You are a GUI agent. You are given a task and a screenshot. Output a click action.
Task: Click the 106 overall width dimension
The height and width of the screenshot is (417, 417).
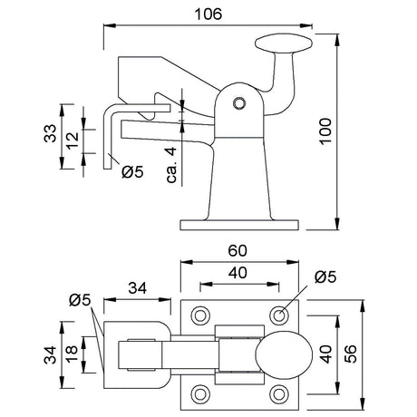208,15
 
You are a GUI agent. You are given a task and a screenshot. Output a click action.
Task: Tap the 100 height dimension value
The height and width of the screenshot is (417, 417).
325,131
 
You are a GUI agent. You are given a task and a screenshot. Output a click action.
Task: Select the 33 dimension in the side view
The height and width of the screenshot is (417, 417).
50,133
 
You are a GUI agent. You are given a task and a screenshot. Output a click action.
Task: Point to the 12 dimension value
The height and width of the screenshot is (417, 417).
73,141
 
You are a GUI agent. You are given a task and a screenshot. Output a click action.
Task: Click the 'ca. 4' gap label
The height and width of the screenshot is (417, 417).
171,165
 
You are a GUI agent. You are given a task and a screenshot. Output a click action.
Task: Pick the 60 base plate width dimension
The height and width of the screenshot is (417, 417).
238,250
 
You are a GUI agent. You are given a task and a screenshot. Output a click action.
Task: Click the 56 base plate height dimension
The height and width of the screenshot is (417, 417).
351,354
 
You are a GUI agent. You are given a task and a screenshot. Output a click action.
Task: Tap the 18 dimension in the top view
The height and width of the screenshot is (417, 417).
73,354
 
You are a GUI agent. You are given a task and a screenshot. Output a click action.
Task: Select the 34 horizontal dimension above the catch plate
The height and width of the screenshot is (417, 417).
138,288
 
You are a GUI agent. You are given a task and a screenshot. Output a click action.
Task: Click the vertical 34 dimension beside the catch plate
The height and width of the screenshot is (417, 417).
50,355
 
